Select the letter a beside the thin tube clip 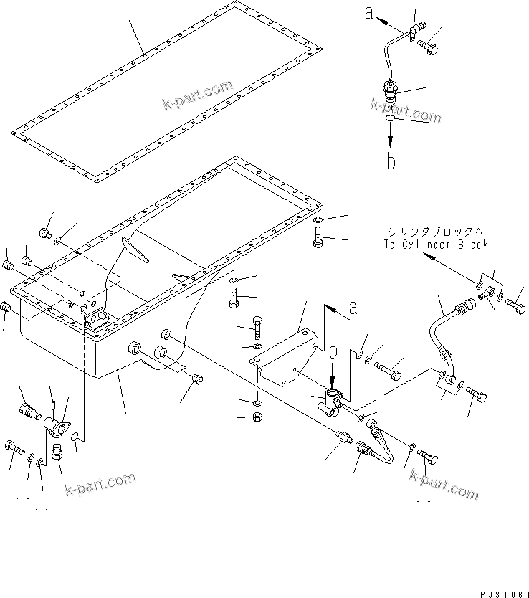[370, 12]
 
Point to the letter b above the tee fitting [332, 353]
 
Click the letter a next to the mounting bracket [352, 308]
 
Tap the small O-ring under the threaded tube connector [389, 118]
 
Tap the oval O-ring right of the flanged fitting [74, 435]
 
